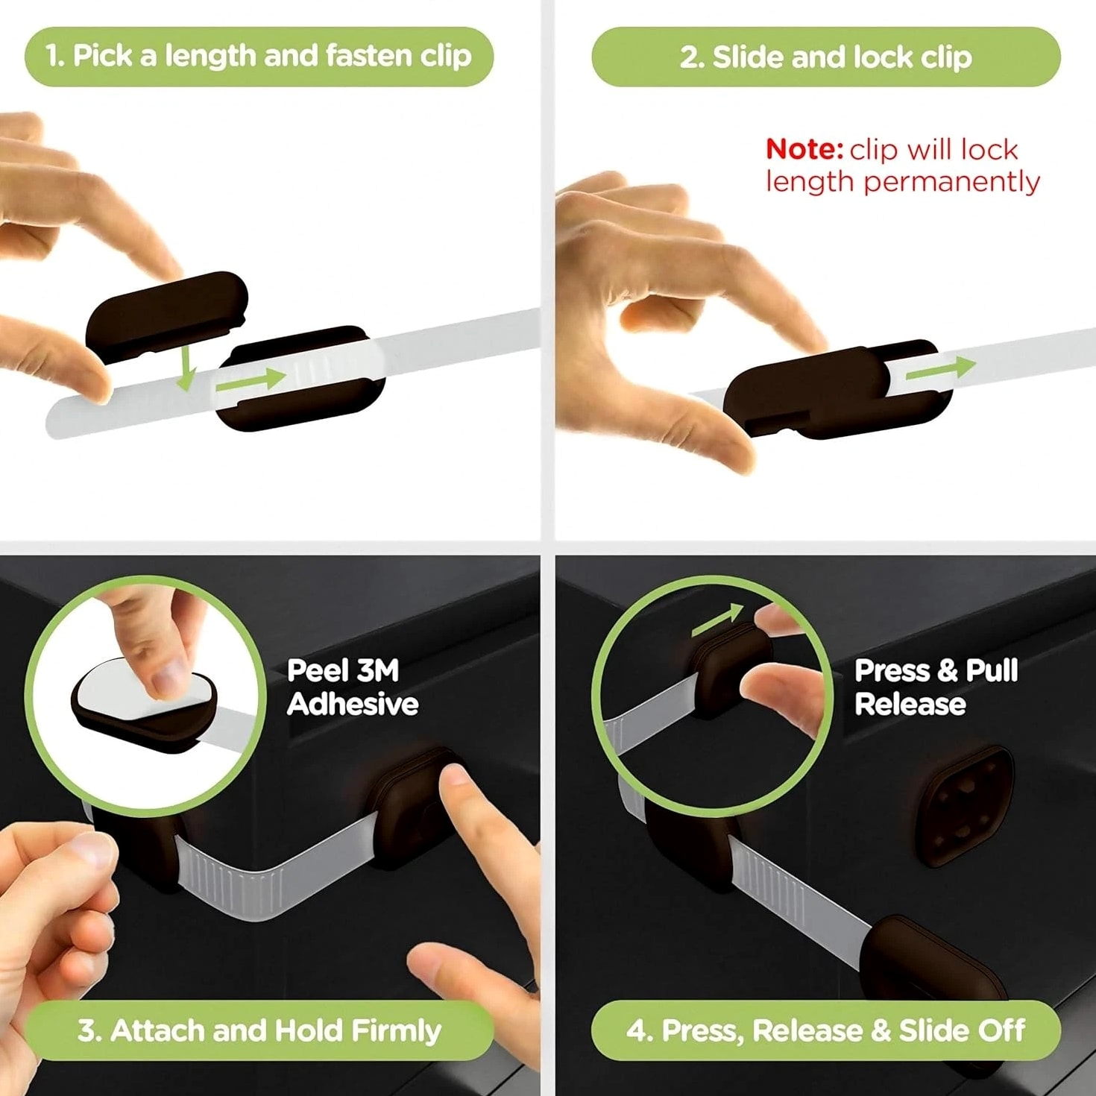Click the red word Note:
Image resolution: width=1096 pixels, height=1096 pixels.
804,149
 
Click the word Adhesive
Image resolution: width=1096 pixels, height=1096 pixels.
353,704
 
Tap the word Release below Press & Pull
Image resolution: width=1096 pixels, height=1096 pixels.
910,704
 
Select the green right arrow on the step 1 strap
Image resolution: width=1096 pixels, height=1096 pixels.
251,380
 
